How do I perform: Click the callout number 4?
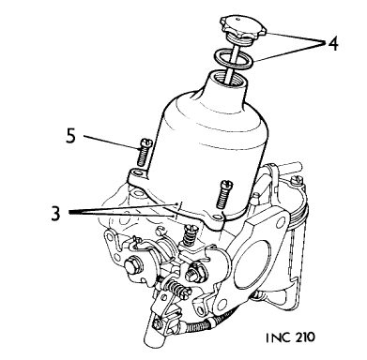click(x=332, y=44)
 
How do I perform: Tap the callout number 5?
click(x=70, y=136)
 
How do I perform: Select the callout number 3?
click(x=55, y=214)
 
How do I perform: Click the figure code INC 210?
click(x=290, y=337)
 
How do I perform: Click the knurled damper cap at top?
click(x=243, y=28)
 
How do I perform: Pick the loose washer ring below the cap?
click(x=233, y=58)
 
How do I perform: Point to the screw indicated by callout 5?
click(x=145, y=153)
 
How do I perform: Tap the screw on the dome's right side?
click(x=225, y=193)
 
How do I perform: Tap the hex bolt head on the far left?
click(x=132, y=267)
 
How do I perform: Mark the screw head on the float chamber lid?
click(x=297, y=180)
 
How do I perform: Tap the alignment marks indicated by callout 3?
click(x=176, y=211)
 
